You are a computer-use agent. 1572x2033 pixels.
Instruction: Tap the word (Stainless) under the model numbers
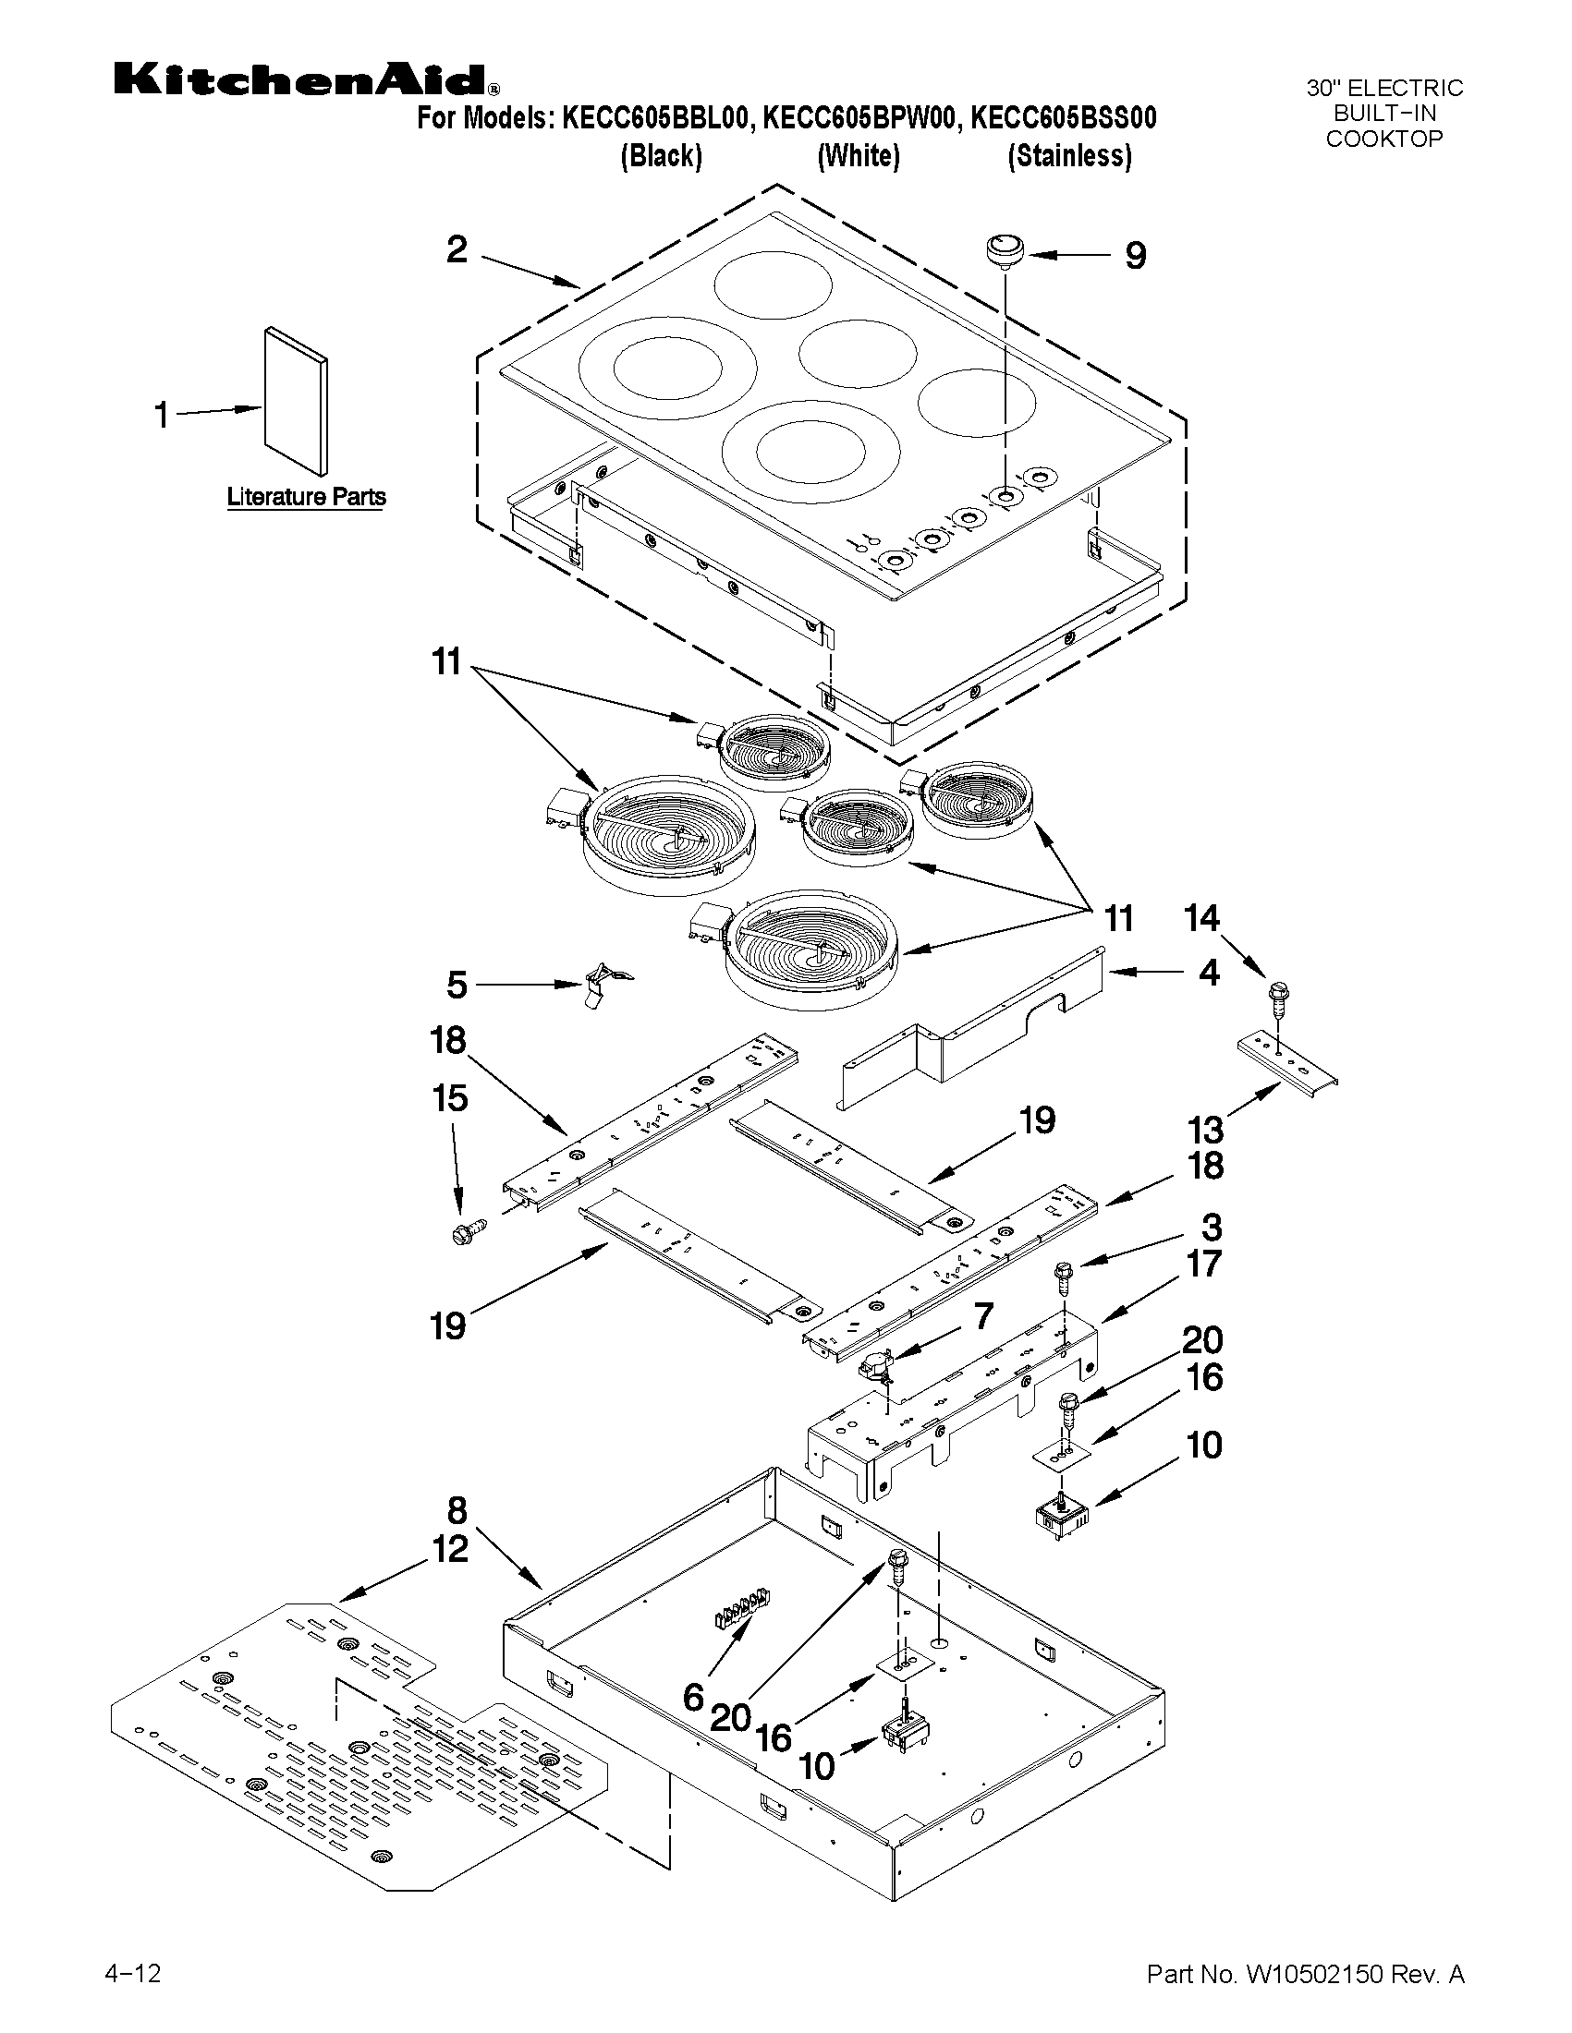tap(1070, 155)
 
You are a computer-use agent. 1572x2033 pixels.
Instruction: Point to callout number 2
tap(457, 249)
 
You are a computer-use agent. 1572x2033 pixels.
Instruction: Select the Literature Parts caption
tap(307, 497)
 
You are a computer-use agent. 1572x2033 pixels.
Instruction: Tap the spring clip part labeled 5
tap(602, 986)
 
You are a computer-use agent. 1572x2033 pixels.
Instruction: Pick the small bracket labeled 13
tap(1287, 1063)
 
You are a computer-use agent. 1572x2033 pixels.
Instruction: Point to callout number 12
tap(451, 1549)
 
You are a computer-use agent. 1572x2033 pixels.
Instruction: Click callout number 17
tap(1203, 1265)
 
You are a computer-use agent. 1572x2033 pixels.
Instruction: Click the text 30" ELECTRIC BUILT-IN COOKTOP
tap(1383, 114)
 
